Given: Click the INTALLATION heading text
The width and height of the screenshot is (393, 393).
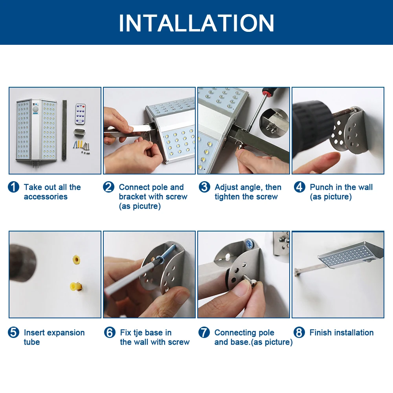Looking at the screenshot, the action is click(x=196, y=23).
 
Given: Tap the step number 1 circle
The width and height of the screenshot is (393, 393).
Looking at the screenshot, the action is click(x=13, y=187).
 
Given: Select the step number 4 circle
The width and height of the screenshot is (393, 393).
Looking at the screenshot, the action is click(x=299, y=187).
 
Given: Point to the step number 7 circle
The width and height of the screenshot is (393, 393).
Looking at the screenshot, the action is click(x=204, y=332).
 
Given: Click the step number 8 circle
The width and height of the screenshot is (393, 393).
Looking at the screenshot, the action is click(x=299, y=332).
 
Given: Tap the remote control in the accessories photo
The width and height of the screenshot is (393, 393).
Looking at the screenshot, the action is click(x=81, y=114).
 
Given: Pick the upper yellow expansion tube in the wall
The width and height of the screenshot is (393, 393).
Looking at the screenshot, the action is click(x=77, y=259).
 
